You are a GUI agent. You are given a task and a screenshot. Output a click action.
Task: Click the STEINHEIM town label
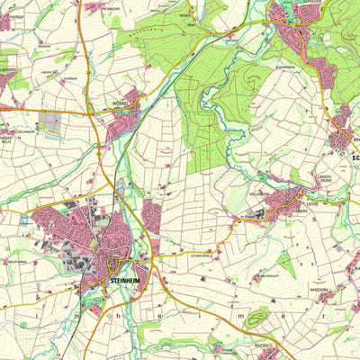pyautogui.click(x=124, y=281)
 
